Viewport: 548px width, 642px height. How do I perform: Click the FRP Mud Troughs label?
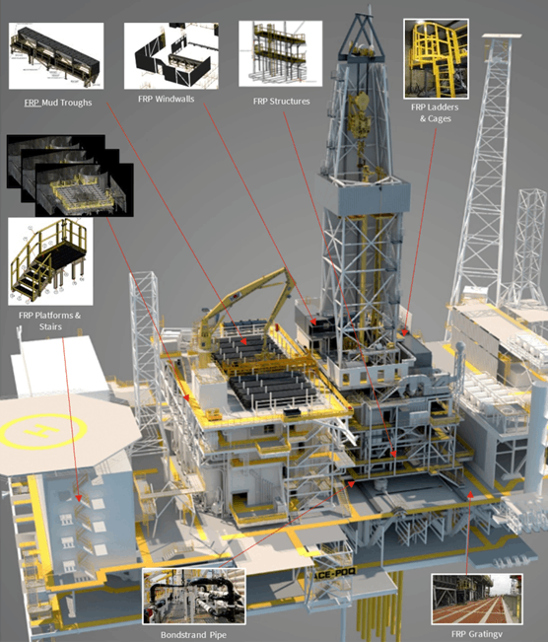pyautogui.click(x=58, y=103)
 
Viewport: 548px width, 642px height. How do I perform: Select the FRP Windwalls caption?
pyautogui.click(x=167, y=99)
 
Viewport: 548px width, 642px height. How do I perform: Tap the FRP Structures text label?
pyautogui.click(x=282, y=102)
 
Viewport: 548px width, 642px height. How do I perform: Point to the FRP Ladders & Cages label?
pyautogui.click(x=435, y=112)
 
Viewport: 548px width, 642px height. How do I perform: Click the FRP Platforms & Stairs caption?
pyautogui.click(x=50, y=321)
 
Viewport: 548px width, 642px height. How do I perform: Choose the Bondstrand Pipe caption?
pyautogui.click(x=193, y=635)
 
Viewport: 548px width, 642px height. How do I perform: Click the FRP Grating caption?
pyautogui.click(x=477, y=634)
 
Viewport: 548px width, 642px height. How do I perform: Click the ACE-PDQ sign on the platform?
pyautogui.click(x=335, y=574)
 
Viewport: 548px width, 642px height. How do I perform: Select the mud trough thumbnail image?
pyautogui.click(x=56, y=55)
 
